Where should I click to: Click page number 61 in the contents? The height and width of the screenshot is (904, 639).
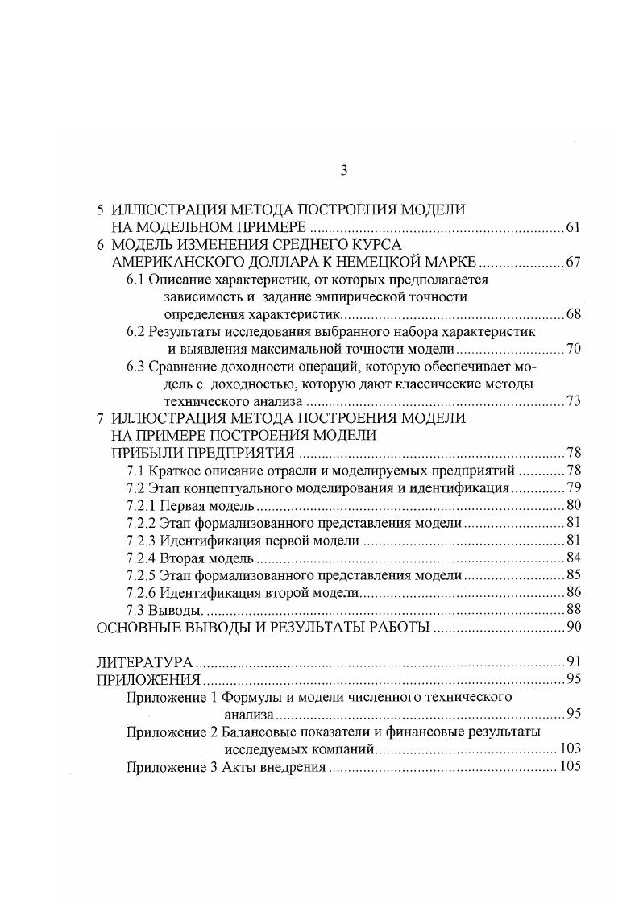point(573,227)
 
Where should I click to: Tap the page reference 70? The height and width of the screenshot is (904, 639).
point(573,349)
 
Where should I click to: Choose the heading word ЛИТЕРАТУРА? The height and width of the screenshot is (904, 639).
point(144,663)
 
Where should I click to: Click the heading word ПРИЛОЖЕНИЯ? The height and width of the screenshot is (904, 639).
point(147,679)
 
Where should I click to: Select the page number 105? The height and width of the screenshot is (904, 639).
point(570,766)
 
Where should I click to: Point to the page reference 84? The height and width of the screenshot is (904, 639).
point(573,558)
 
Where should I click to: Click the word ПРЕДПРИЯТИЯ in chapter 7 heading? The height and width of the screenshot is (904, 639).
point(246,452)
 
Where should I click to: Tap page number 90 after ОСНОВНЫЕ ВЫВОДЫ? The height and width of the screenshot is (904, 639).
point(573,628)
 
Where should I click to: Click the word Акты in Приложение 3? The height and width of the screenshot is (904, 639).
point(239,767)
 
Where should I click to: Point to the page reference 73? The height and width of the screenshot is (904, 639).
point(573,401)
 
